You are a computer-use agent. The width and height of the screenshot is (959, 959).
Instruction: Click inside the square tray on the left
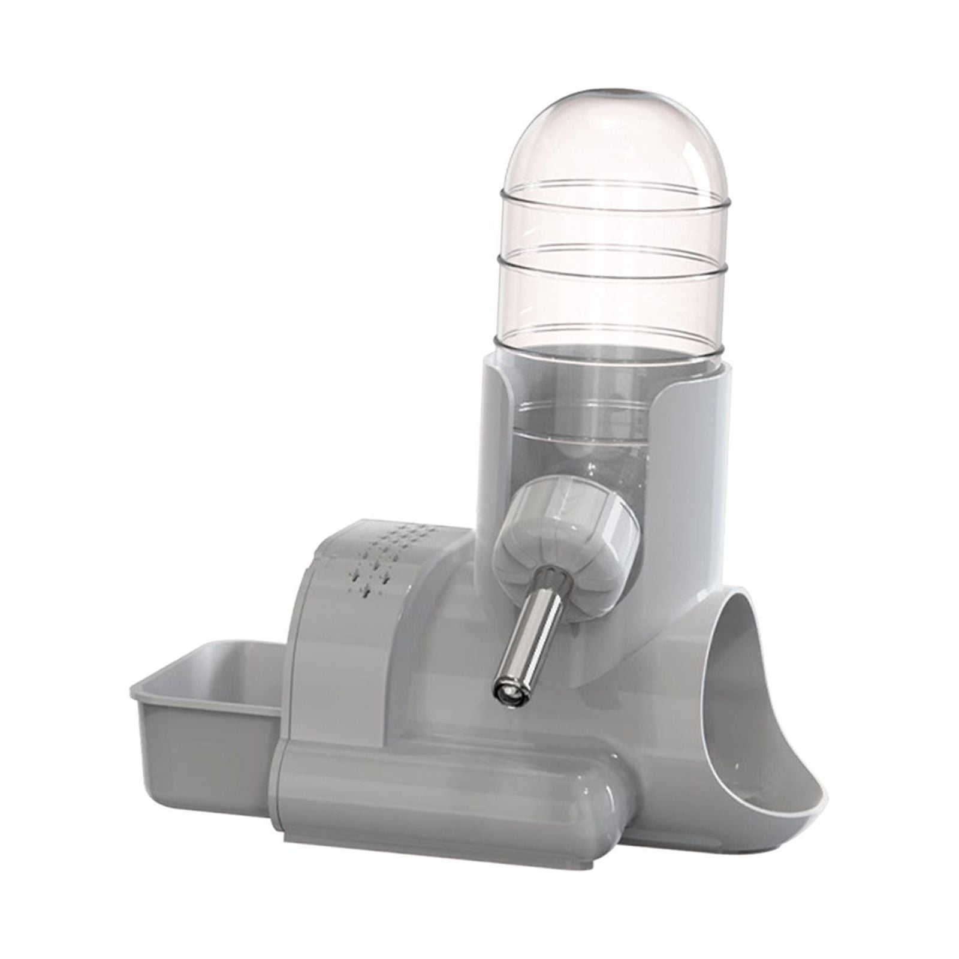tap(222, 671)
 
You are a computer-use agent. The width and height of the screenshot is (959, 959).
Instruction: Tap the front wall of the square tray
tap(198, 749)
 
